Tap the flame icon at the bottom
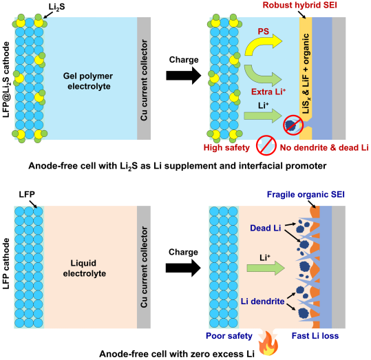coord(268,344)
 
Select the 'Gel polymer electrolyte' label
coord(88,81)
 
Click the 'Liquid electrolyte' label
coord(85,268)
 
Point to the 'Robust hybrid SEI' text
coord(300,6)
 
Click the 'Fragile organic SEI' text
coord(306,195)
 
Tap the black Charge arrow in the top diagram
coord(184,76)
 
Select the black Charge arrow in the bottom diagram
coord(183,268)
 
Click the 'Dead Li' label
coord(266,228)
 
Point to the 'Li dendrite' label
coord(263,301)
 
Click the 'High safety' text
coord(226,148)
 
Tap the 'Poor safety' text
coord(229,336)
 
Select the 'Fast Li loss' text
coord(315,336)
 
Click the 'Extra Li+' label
coord(268,92)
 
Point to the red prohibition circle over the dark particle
coord(293,125)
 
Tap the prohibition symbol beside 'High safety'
coord(266,145)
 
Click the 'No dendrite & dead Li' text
coord(324,148)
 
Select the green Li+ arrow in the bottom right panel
coord(266,268)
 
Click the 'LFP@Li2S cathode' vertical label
coord(6,80)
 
